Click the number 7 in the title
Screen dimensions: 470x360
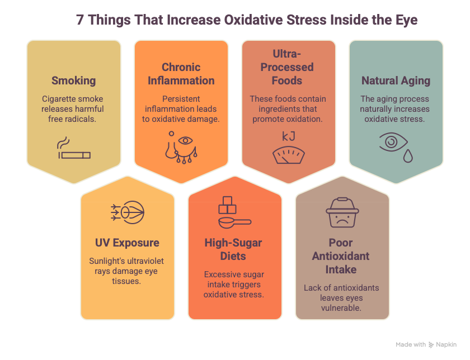coord(79,20)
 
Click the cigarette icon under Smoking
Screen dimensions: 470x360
coord(74,155)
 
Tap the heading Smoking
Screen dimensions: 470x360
coord(74,80)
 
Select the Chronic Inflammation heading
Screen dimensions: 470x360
coord(181,74)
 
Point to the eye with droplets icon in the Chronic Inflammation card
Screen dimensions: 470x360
coord(181,148)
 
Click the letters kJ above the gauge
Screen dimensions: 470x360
coord(289,136)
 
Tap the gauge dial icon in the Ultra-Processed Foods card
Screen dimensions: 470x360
coord(289,155)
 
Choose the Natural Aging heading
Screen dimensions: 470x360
coord(396,80)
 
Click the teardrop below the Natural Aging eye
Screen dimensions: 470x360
coord(408,156)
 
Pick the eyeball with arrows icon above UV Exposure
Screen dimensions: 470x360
coord(128,212)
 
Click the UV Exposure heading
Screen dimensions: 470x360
coord(127,243)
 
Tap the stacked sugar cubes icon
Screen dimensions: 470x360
coord(227,205)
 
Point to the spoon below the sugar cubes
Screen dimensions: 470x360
coord(234,222)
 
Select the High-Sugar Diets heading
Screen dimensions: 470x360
coord(233,249)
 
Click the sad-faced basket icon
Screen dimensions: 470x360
coord(342,212)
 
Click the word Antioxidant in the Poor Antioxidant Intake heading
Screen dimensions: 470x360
coord(341,256)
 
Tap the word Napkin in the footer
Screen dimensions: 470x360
coord(446,345)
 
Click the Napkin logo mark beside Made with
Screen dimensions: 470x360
coord(431,345)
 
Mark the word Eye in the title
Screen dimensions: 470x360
coord(406,20)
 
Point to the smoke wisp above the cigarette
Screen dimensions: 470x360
coord(63,143)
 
